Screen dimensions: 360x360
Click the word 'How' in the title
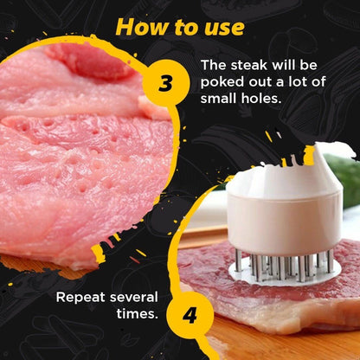pyautogui.click(x=139, y=26)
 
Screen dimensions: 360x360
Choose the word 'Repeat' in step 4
pyautogui.click(x=81, y=297)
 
